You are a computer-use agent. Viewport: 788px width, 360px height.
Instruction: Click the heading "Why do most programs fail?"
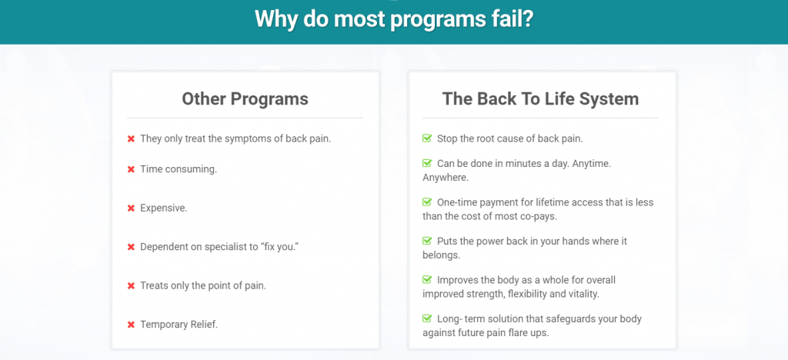coord(393,19)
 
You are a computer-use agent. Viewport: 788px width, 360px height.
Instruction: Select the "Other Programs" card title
coord(245,99)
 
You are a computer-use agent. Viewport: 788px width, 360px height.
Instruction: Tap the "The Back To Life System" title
coord(540,99)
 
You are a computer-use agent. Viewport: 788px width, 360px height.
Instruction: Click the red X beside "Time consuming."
coord(131,170)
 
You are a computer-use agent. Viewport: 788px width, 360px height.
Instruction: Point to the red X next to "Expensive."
coord(131,208)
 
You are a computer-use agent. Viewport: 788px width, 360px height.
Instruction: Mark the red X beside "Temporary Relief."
coord(131,325)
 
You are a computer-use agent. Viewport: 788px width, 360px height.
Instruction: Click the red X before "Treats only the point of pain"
coord(131,286)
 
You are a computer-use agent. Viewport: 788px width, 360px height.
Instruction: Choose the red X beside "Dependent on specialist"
coord(131,247)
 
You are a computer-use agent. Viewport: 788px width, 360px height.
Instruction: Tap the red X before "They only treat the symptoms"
coord(131,139)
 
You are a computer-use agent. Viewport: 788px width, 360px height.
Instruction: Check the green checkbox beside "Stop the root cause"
coord(427,138)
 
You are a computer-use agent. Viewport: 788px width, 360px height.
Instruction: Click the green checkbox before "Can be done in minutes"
coord(427,163)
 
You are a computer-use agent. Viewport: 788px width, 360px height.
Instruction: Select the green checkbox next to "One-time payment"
coord(427,202)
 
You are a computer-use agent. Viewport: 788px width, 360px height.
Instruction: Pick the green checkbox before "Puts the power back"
coord(427,241)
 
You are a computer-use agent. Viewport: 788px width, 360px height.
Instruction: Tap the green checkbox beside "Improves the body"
coord(427,279)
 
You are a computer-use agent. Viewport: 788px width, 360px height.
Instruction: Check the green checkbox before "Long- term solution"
coord(427,318)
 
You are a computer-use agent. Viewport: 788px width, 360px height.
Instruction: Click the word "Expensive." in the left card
coord(164,208)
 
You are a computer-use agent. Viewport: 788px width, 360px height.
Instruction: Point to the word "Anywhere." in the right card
coord(446,178)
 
